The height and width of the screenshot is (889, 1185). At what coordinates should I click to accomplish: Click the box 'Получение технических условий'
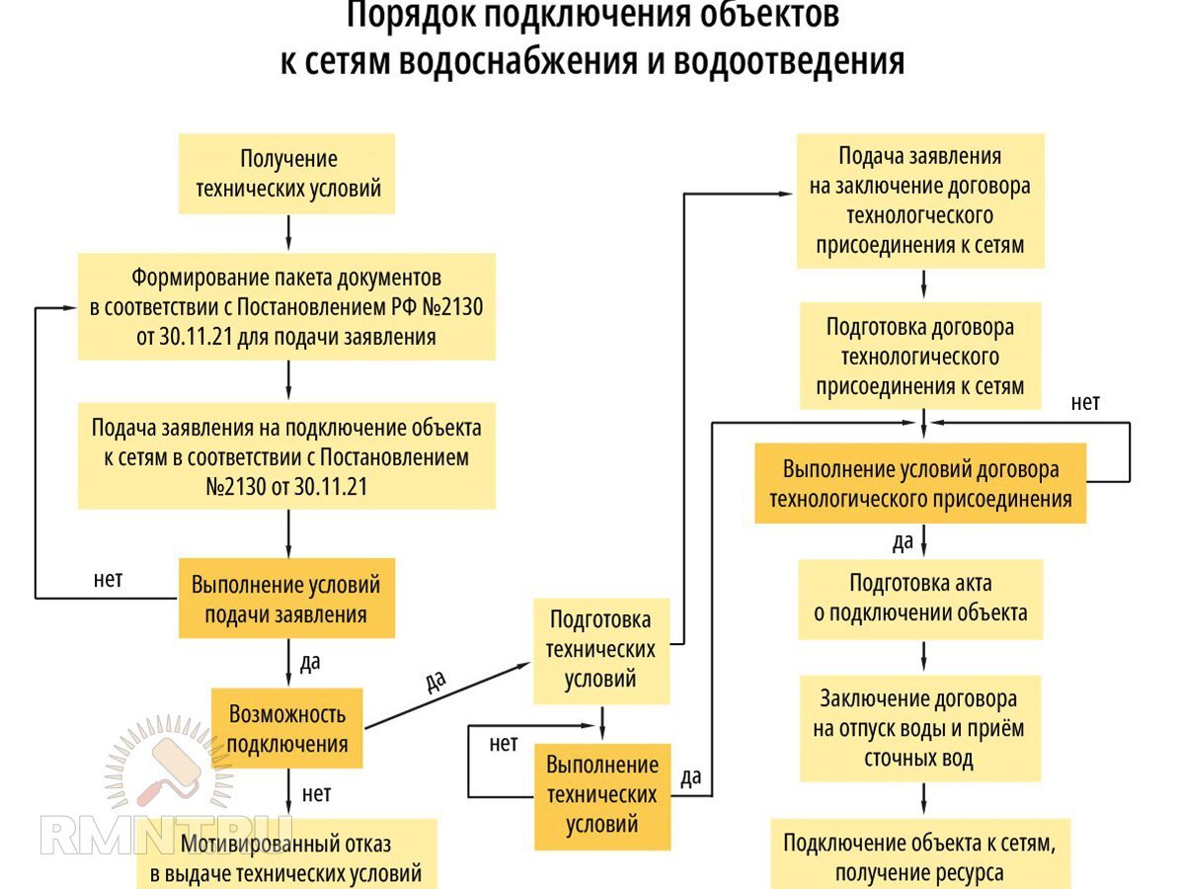pos(286,174)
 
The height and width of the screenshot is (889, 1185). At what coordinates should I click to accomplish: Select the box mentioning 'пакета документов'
pos(286,306)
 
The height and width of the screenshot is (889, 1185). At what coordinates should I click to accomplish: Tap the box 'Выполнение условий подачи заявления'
pos(286,599)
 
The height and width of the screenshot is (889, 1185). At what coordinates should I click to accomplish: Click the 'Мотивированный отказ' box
pos(286,857)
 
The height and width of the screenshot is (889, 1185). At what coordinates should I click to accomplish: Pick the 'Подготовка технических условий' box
pos(601,649)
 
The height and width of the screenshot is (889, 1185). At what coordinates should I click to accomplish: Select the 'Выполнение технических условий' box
pos(601,795)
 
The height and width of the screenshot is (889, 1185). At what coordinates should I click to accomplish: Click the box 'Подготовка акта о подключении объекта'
pos(920,598)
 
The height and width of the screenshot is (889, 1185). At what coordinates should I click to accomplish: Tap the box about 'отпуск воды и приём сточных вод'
pos(920,728)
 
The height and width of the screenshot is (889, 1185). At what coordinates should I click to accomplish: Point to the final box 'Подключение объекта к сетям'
pos(920,856)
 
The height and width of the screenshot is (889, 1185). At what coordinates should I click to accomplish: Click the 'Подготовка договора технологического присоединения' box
pos(920,356)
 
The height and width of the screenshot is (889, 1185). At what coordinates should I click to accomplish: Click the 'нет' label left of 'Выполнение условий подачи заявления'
pos(109,580)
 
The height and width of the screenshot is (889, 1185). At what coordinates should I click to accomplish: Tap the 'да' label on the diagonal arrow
pos(434,681)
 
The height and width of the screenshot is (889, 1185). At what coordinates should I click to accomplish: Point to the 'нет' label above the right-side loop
pos(1085,402)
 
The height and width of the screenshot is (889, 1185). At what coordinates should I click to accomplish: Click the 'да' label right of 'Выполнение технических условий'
pos(691,776)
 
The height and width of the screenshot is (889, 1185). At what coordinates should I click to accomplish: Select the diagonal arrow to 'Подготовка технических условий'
pos(444,697)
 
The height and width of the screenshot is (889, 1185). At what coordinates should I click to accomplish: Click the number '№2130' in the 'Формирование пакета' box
pos(452,307)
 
